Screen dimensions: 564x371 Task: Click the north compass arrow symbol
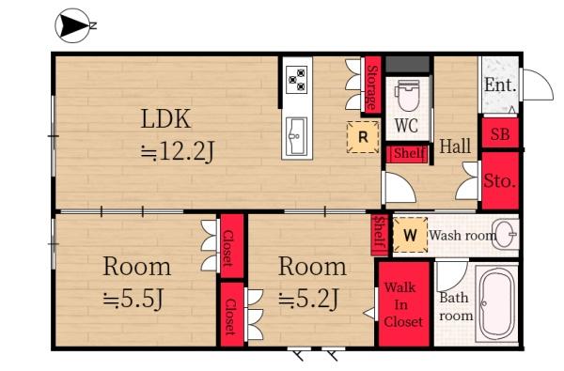tap(73, 25)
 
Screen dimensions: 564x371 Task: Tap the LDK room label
tap(165, 118)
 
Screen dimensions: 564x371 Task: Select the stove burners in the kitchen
tap(297, 80)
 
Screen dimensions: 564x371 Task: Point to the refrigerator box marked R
tap(363, 137)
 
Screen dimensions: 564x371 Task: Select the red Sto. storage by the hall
tap(500, 180)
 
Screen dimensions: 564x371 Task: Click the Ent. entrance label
tap(500, 85)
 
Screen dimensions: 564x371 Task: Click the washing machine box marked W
tap(410, 235)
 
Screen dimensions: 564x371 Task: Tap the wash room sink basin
tap(505, 235)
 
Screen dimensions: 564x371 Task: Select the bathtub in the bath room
tap(496, 303)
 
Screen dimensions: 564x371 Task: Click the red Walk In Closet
tap(404, 304)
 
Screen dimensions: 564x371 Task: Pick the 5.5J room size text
tap(133, 300)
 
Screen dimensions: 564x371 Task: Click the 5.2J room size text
tap(309, 299)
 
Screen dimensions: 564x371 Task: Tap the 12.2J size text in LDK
tap(178, 151)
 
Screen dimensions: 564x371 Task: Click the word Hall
tap(455, 147)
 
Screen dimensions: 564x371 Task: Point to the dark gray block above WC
tap(408, 64)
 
